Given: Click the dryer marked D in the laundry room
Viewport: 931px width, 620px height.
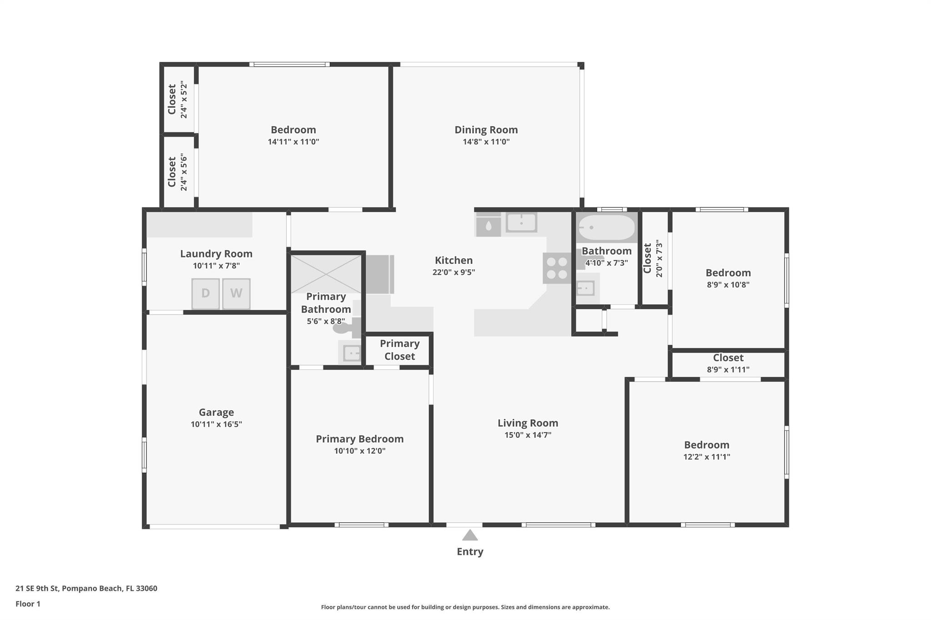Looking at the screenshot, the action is (x=205, y=293).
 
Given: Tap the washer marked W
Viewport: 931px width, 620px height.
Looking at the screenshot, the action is (x=236, y=293).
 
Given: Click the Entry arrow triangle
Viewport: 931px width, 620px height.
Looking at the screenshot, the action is (x=470, y=535).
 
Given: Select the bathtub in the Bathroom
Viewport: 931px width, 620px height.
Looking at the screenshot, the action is (x=606, y=227).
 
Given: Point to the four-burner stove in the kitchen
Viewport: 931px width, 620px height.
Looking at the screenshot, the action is (x=557, y=268).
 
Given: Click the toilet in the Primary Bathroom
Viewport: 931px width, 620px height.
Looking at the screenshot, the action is (x=345, y=327).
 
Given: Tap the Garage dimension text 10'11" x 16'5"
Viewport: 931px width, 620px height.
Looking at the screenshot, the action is (x=216, y=424).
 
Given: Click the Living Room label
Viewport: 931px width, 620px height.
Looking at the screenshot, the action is (x=528, y=423).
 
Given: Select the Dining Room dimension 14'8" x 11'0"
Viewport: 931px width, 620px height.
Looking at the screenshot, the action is (x=486, y=142).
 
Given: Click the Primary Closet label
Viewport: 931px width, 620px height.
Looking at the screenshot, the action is (x=400, y=350).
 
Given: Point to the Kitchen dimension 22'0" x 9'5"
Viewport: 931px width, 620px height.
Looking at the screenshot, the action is (x=454, y=272).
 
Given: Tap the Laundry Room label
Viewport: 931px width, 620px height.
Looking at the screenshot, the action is (x=216, y=254).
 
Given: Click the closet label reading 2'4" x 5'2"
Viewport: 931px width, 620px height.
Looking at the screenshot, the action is (x=184, y=99).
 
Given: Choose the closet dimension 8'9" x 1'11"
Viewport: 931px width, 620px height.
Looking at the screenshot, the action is (x=728, y=370).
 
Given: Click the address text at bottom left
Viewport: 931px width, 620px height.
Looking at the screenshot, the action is (x=86, y=589).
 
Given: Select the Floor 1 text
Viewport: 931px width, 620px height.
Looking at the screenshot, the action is (x=28, y=604).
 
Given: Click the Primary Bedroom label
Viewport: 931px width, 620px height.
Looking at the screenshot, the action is (x=360, y=439).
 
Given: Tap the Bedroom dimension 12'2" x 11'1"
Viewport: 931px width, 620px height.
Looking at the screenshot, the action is (x=706, y=457).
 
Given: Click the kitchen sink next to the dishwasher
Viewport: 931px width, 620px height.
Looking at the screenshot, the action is (x=521, y=223).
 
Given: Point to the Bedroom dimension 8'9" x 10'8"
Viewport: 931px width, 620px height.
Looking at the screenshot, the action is (x=728, y=285).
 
